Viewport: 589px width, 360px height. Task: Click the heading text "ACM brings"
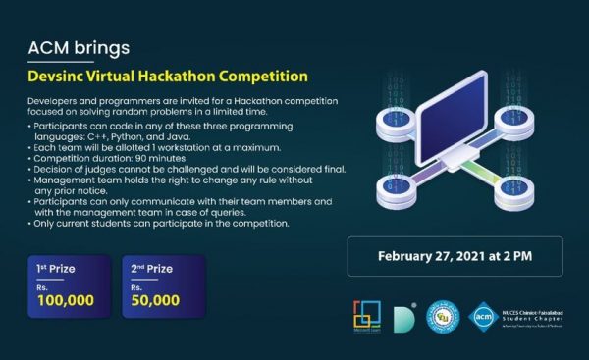(79, 47)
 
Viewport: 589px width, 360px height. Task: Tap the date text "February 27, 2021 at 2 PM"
(455, 257)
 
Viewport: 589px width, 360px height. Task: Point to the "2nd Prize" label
(151, 267)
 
